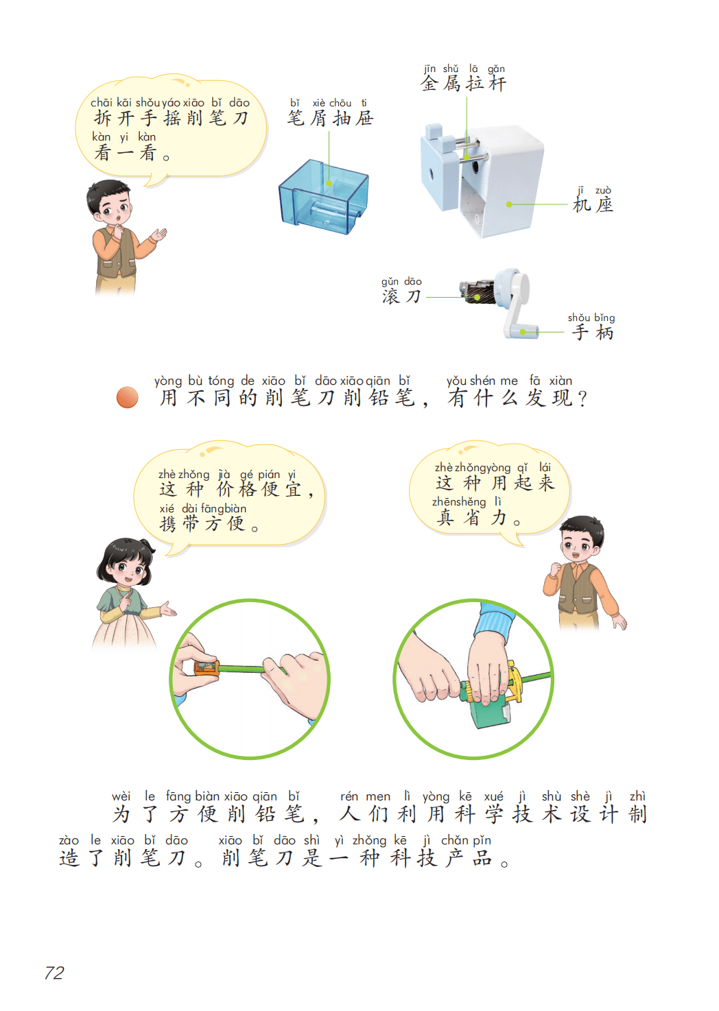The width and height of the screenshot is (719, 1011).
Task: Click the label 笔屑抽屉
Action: (331, 118)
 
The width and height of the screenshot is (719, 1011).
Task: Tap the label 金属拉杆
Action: (464, 84)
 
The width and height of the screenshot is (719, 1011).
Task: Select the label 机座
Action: (593, 205)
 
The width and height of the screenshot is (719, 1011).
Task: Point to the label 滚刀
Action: (401, 296)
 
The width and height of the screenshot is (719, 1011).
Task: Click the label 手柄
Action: (592, 333)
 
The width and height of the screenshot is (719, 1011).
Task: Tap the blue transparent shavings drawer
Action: (324, 198)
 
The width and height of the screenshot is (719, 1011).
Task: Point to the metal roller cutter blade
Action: (475, 292)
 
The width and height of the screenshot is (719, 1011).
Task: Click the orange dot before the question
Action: (128, 397)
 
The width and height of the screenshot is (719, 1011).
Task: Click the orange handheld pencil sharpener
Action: (207, 669)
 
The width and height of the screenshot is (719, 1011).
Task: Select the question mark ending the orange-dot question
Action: (582, 399)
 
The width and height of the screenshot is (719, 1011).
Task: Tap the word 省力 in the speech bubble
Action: (485, 517)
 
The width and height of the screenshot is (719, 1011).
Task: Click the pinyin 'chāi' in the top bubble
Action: (102, 103)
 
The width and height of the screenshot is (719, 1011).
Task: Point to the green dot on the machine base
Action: (509, 204)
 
